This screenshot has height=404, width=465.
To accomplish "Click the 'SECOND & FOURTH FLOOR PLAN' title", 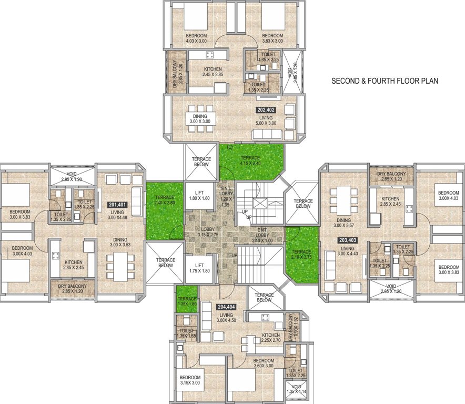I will (x=385, y=82).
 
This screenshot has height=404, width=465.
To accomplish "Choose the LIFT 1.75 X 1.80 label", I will (x=199, y=268).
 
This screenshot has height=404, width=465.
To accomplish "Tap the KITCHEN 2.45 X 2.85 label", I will (x=213, y=72).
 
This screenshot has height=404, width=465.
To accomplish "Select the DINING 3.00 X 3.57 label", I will (x=344, y=224).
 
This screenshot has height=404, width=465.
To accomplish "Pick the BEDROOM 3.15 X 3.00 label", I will (x=190, y=380).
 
